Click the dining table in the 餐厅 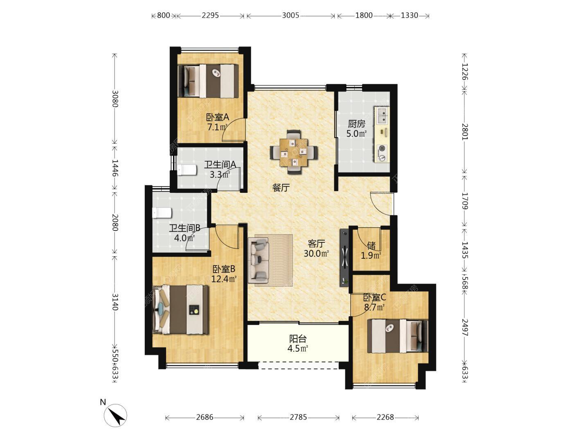294,152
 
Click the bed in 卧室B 181,309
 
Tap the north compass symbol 115,415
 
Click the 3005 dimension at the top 290,16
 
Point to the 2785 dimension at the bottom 298,417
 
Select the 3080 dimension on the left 115,99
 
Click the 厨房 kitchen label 356,124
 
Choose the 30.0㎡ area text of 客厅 316,253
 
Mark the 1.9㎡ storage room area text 371,255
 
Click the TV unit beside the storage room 345,257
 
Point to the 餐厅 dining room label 281,188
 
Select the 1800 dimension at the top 364,16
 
